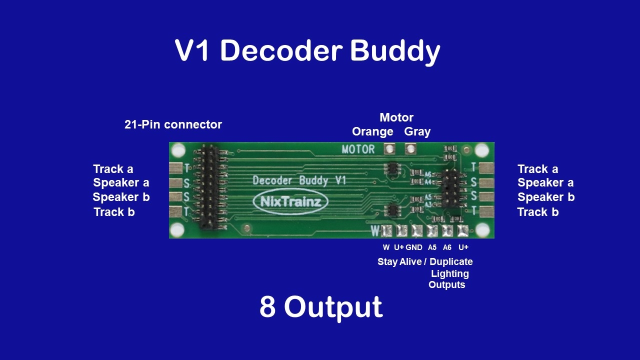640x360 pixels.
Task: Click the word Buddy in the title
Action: [x=395, y=51]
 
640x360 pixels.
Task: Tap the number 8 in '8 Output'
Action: [x=267, y=307]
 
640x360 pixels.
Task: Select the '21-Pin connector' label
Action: [x=173, y=124]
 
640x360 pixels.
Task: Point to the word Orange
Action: [x=372, y=131]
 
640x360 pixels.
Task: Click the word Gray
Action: [x=417, y=131]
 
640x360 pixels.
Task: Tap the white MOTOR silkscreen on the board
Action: [x=358, y=149]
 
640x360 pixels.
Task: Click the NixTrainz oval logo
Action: [x=290, y=201]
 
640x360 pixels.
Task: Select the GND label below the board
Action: [x=414, y=247]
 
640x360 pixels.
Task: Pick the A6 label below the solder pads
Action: [x=447, y=247]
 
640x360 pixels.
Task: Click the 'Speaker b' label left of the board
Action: [x=121, y=197]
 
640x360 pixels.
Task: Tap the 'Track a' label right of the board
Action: [x=537, y=169]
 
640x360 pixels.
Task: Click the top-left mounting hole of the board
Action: [x=178, y=149]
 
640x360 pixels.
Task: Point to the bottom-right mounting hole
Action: [x=482, y=230]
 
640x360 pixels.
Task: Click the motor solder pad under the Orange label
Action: [x=389, y=148]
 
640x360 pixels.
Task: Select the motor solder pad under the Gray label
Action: [x=410, y=148]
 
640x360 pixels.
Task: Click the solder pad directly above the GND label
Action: [x=417, y=231]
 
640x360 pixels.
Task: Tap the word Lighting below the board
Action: [x=449, y=273]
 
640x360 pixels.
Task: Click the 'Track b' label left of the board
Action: [x=114, y=212]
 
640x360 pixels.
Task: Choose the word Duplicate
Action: [x=451, y=261]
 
